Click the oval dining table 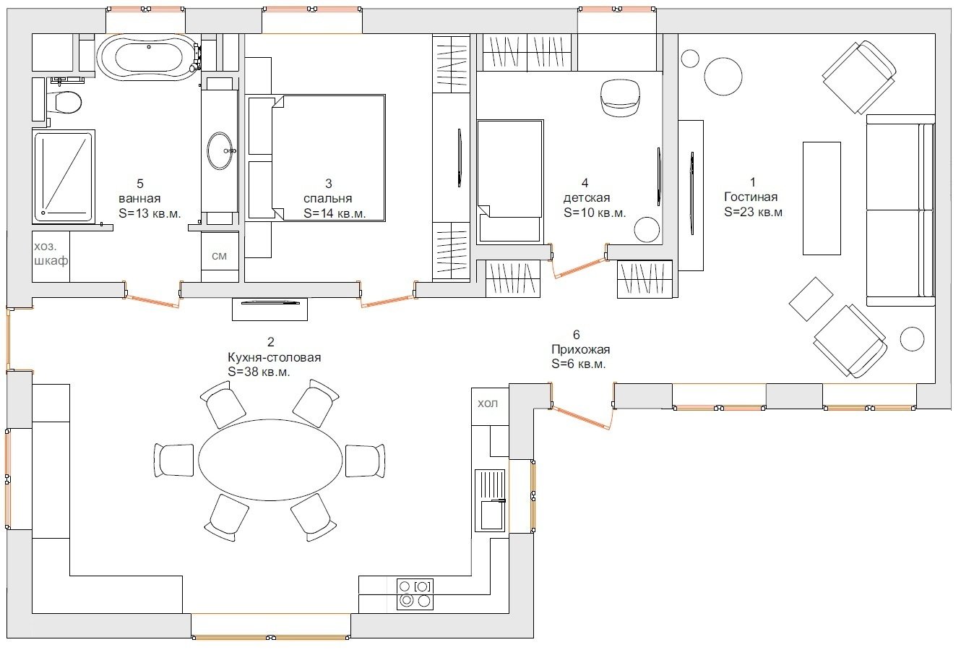[270, 460]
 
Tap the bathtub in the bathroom [148, 57]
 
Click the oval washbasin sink [220, 150]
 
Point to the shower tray [64, 177]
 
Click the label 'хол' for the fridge [488, 403]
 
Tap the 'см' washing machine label [219, 256]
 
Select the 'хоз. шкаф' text [51, 253]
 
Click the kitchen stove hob [415, 594]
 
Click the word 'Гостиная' [751, 197]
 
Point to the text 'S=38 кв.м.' [259, 372]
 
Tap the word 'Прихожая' [580, 349]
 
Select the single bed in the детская [510, 181]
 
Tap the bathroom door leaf [152, 301]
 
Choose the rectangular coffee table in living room [822, 198]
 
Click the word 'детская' [587, 198]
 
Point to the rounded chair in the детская [621, 98]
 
